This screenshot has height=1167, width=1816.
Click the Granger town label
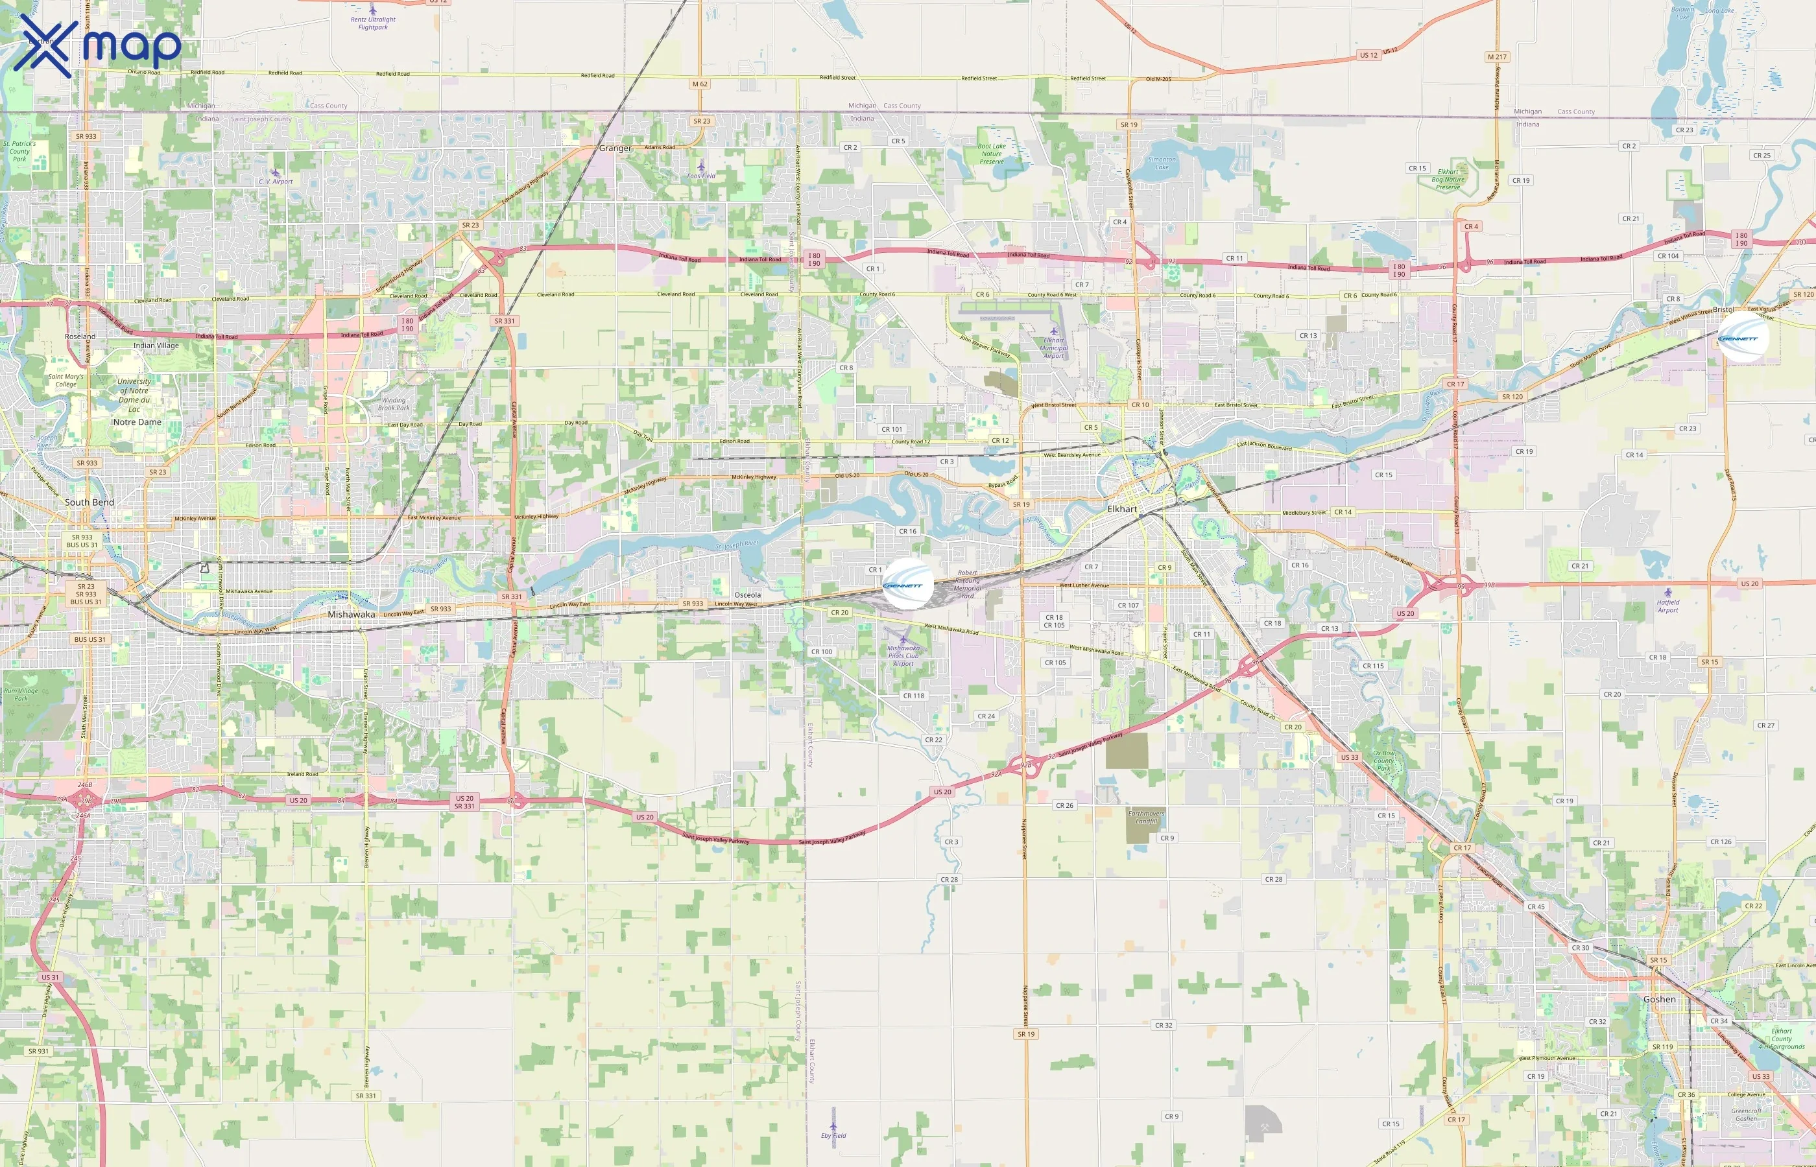click(x=615, y=148)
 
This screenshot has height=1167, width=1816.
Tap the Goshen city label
click(x=1659, y=999)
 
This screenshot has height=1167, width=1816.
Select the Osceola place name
click(x=747, y=595)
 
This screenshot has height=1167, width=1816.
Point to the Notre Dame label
click(x=137, y=422)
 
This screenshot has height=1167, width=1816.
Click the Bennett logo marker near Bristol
click(x=1743, y=338)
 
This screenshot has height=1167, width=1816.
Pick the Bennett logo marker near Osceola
click(x=907, y=584)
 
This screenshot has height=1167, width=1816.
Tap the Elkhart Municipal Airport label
click(x=1053, y=348)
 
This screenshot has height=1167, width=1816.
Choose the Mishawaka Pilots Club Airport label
click(x=903, y=655)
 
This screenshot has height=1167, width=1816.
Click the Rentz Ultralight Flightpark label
click(x=373, y=23)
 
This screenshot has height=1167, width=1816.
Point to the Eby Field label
click(x=833, y=1135)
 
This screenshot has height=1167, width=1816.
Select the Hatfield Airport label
click(x=1667, y=606)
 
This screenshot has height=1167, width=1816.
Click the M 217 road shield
click(x=1497, y=57)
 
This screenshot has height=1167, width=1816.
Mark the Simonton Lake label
click(x=1162, y=163)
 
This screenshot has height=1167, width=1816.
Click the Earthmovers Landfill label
click(x=1146, y=817)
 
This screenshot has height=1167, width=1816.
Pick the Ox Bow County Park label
click(x=1383, y=761)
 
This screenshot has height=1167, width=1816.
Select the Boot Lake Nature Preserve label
click(x=992, y=154)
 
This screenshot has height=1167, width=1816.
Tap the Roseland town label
click(x=80, y=336)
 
